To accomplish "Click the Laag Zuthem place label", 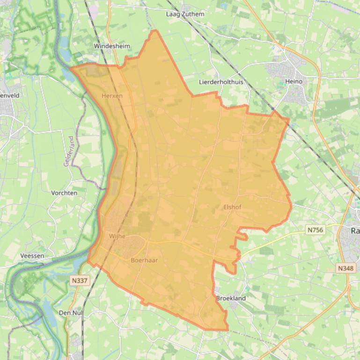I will pos(185,14).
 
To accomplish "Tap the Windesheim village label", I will pos(110,46).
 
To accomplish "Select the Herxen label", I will pos(112,96).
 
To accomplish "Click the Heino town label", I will pos(294,81).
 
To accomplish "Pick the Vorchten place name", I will pos(64,193).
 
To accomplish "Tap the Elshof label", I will pos(232,207).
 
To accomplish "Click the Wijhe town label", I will pos(117,236).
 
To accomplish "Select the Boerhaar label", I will pos(144,260).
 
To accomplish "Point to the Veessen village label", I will pos(32,256).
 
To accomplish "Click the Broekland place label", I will pos(231,298).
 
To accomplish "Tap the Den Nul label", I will pos(71,312).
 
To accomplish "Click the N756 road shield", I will pos(315,230).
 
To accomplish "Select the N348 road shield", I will pos(346,268).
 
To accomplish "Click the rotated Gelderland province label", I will pos(69,151).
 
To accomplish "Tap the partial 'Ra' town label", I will pos(355,231).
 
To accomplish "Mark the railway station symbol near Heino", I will pos(273,108).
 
